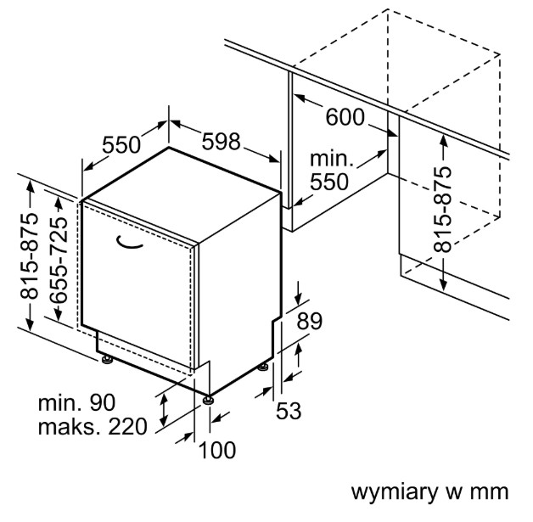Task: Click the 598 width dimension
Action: [x=221, y=142]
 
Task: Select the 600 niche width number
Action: [x=345, y=117]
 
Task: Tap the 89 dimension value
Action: [x=309, y=321]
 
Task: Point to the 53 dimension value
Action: [x=289, y=411]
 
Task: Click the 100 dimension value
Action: [x=217, y=450]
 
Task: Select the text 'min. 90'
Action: [x=77, y=402]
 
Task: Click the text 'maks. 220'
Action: [x=93, y=427]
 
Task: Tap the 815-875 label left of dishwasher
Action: [x=29, y=255]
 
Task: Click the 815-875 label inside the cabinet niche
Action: [x=442, y=209]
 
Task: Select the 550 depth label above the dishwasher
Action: [x=121, y=145]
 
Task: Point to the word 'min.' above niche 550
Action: [x=332, y=159]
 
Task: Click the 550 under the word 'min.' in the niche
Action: [x=329, y=182]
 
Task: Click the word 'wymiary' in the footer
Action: [x=395, y=492]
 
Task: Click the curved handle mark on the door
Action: [x=129, y=242]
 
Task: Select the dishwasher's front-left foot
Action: [x=108, y=360]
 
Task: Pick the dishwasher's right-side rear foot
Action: [x=263, y=367]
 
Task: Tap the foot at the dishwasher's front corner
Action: [x=208, y=400]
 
